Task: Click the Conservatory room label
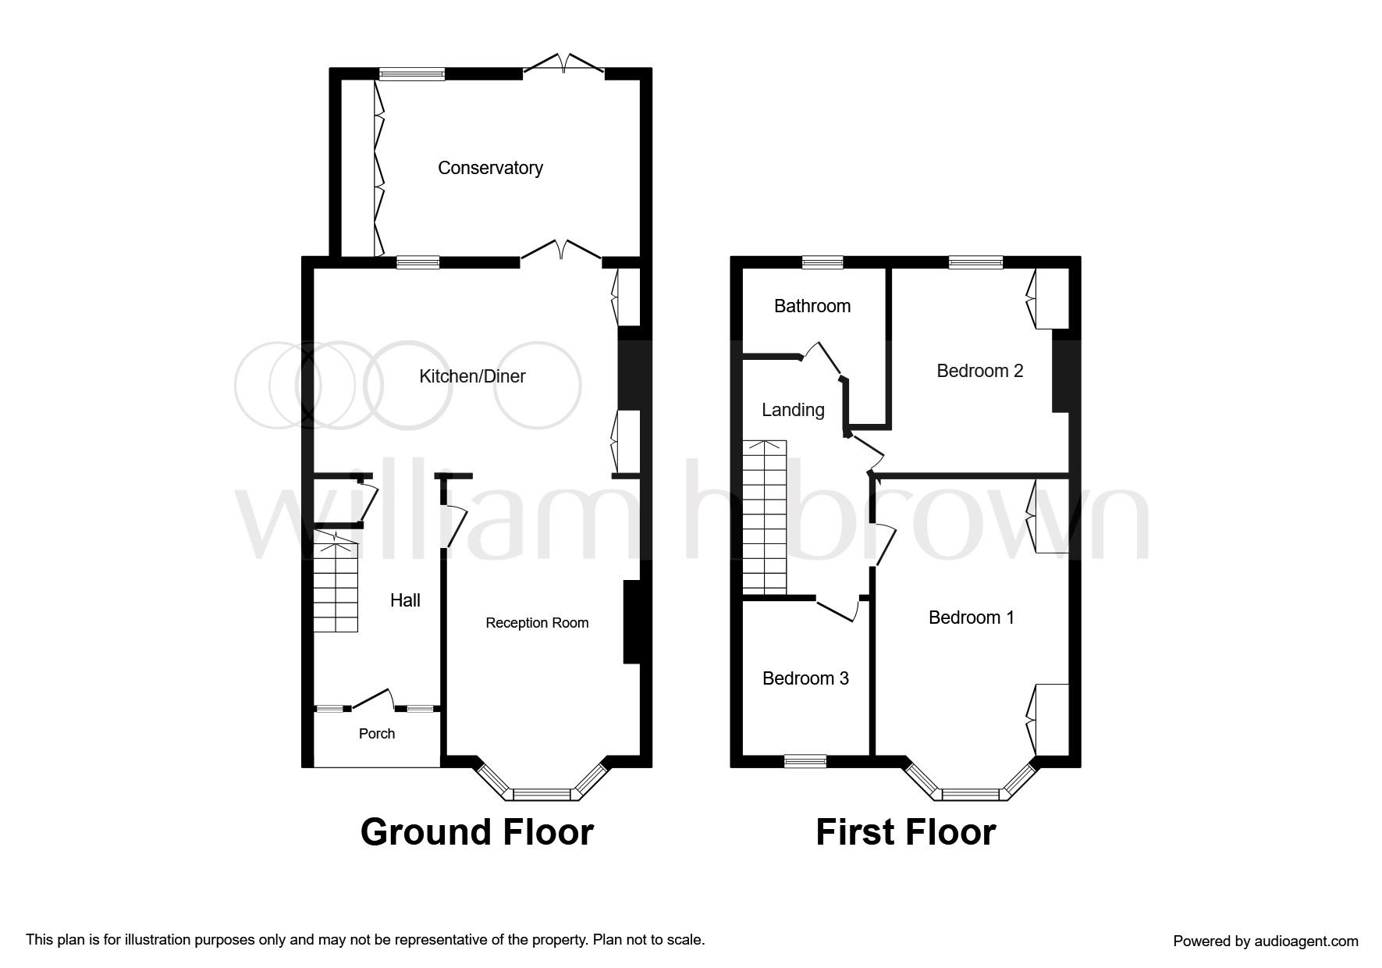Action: tap(490, 168)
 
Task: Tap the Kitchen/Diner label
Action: tap(472, 376)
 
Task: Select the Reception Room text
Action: tap(537, 623)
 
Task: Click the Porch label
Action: tap(377, 734)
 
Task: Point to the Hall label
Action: tap(405, 600)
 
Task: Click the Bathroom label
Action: tap(812, 306)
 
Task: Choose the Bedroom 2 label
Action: tap(979, 371)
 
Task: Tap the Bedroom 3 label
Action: tap(805, 678)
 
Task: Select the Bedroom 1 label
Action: tap(972, 617)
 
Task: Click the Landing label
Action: tap(793, 410)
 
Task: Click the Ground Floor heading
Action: tap(477, 832)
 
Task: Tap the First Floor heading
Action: tap(905, 832)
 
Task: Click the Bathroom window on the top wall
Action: tap(822, 262)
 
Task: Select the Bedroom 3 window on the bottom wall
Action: tap(805, 761)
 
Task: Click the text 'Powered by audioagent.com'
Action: tap(1265, 941)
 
